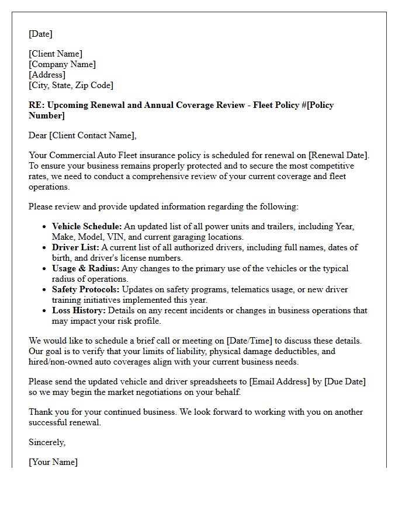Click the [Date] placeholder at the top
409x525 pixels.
tap(40, 34)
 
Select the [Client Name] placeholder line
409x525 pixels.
tap(56, 54)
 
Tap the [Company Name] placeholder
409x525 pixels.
tap(62, 65)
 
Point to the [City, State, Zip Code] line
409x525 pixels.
tap(71, 86)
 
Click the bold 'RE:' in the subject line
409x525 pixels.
tap(36, 106)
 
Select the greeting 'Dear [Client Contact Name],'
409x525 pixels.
tap(82, 136)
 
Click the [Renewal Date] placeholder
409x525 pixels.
tap(338, 156)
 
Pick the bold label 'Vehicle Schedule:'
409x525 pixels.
tap(86, 226)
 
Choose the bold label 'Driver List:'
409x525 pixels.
tap(75, 247)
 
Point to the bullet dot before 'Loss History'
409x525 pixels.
tap(46, 311)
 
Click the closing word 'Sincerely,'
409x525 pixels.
tap(47, 443)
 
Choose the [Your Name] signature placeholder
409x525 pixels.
tap(53, 463)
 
